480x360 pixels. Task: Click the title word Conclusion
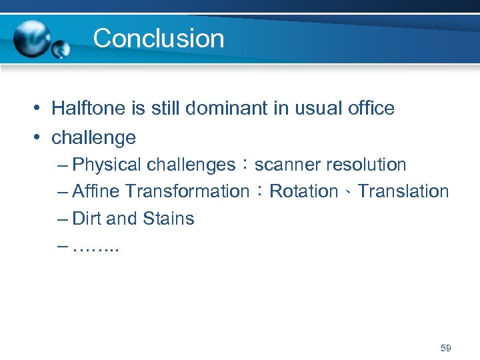(159, 38)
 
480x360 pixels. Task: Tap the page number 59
(446, 348)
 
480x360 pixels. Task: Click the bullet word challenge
(93, 138)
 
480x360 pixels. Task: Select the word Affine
(96, 191)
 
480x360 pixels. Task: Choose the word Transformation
(187, 191)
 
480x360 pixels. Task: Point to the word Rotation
(303, 191)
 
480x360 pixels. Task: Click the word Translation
(403, 191)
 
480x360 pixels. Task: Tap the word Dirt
(85, 219)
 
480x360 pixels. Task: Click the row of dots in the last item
(95, 249)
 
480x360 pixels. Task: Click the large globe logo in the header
(32, 38)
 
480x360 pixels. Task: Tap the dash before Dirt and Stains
(63, 219)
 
